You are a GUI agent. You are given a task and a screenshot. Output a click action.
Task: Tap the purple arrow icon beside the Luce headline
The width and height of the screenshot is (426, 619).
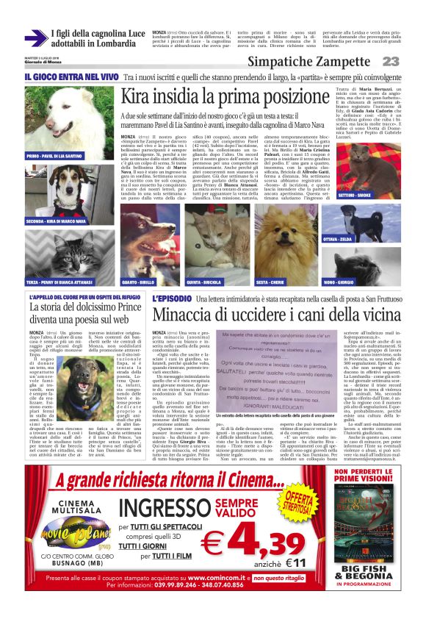(x=35, y=37)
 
